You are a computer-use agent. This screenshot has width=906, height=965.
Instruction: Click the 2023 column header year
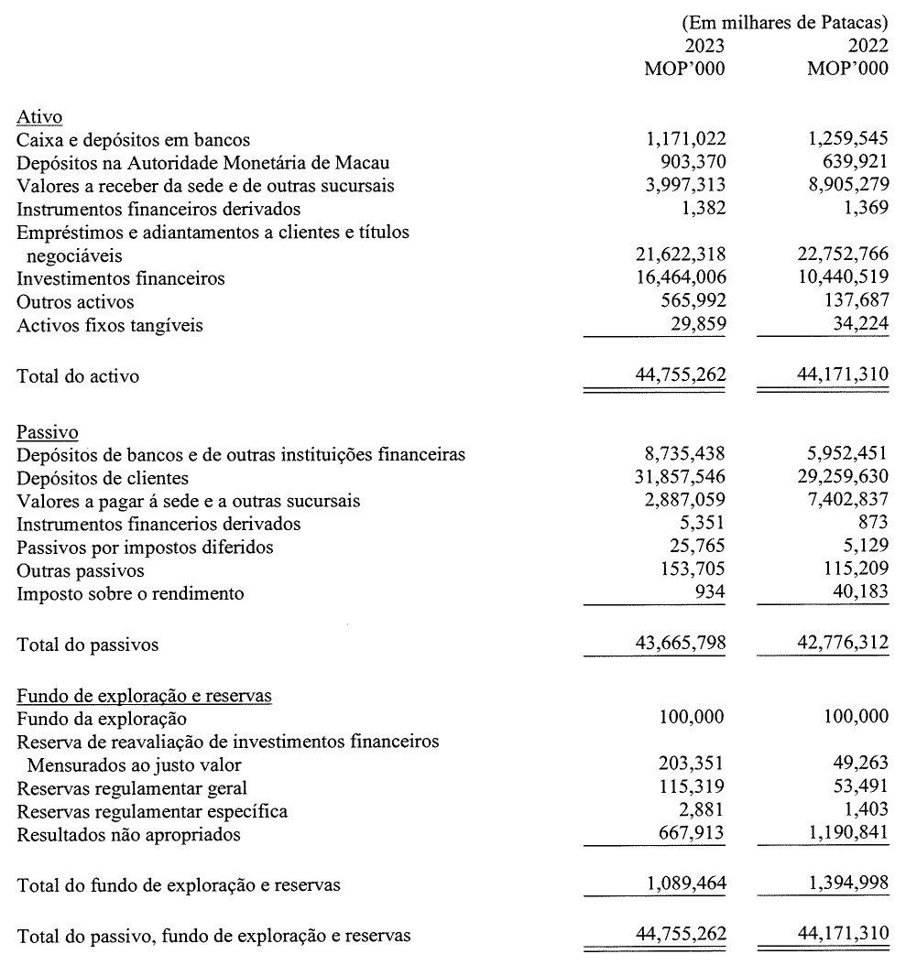coord(704,46)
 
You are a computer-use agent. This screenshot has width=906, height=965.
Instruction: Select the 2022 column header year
coord(868,46)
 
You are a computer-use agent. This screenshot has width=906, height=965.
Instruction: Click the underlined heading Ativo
coord(39,117)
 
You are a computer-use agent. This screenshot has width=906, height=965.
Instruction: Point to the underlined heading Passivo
coord(47,431)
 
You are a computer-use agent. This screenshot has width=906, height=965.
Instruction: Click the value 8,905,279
coord(848,186)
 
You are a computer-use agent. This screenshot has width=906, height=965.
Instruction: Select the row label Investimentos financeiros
coord(121,278)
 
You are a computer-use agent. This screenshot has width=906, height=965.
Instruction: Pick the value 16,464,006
coord(680,278)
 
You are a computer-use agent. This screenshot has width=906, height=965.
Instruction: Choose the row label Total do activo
coord(78,375)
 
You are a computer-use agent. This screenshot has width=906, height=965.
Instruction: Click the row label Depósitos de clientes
coord(103,478)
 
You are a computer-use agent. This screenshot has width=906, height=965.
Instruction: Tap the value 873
coord(874,524)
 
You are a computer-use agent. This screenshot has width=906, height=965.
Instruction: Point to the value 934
coord(710,593)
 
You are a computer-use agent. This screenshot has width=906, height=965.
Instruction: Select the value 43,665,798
coord(680,644)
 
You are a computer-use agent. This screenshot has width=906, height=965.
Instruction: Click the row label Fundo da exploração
coord(102,719)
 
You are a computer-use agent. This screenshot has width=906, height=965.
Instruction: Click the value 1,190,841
coord(848,834)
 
